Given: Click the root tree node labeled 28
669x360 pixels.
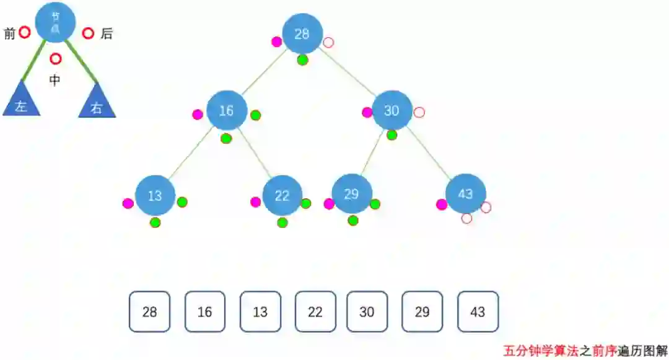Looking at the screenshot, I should click(x=302, y=34).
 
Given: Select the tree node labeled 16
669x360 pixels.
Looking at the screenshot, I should click(x=227, y=111).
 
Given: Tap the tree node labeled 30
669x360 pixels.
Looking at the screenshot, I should click(x=392, y=110).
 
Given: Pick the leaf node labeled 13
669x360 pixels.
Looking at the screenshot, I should click(x=155, y=196).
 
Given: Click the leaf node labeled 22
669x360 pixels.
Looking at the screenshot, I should click(x=282, y=196).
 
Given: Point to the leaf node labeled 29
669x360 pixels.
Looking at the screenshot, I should click(x=351, y=194).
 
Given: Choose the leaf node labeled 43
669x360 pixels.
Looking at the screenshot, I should click(x=465, y=194).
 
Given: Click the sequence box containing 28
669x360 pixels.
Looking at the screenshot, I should click(x=149, y=312).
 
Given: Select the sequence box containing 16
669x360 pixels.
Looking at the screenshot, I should click(x=205, y=312).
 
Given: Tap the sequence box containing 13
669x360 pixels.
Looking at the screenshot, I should click(x=260, y=312).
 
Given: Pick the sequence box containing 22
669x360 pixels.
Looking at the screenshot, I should click(x=315, y=312).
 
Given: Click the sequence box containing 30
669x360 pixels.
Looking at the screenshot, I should click(x=367, y=312).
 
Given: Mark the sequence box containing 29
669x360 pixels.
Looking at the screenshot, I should click(x=422, y=312).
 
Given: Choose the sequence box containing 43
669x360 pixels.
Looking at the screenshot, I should click(x=478, y=312).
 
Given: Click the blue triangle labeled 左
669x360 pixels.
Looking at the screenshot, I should click(x=22, y=103).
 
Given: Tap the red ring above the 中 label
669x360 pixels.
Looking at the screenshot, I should click(x=56, y=59).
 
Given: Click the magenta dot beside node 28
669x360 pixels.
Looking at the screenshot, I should click(x=277, y=42).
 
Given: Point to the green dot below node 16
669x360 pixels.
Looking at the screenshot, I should click(x=226, y=138).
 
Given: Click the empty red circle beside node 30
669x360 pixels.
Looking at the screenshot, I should click(x=419, y=113).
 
